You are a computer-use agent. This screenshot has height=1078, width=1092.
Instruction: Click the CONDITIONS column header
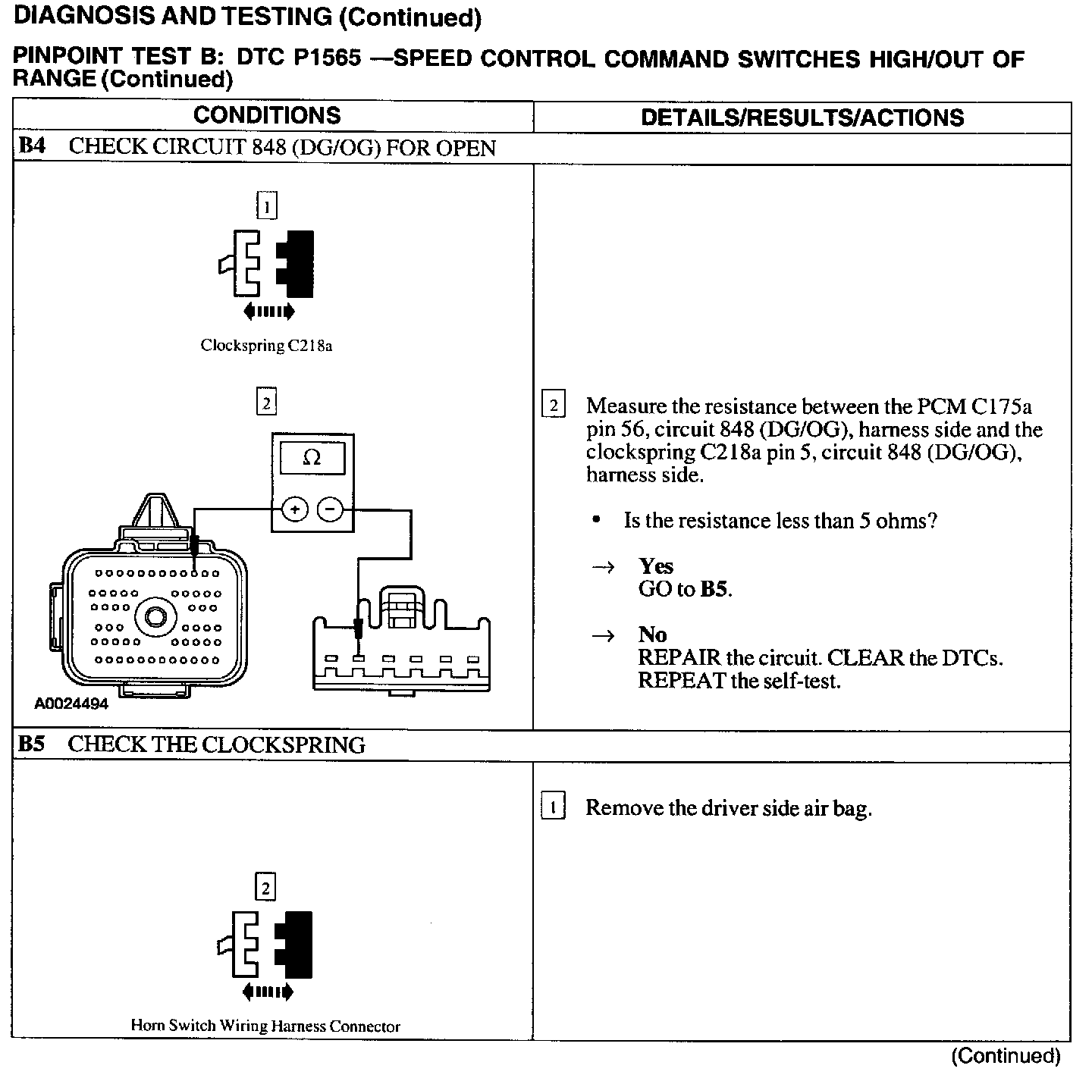click(267, 115)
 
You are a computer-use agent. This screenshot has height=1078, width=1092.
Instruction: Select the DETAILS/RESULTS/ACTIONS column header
click(802, 118)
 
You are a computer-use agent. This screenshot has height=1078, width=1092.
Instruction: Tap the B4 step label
click(33, 146)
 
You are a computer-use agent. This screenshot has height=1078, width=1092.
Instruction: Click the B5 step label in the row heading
click(32, 744)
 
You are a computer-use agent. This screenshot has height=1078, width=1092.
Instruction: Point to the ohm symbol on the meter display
click(312, 458)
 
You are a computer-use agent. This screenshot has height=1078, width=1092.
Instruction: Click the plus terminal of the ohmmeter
click(295, 509)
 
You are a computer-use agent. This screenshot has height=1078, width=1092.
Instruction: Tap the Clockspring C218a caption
click(266, 346)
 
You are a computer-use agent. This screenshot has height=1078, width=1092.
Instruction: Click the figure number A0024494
click(71, 704)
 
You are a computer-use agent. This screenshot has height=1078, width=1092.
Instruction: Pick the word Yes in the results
click(656, 566)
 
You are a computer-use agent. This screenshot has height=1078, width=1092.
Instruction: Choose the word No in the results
click(652, 635)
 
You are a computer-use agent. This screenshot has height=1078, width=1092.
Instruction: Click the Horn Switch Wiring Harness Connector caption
click(265, 1026)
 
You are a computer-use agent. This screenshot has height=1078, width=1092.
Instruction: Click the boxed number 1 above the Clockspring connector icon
click(266, 206)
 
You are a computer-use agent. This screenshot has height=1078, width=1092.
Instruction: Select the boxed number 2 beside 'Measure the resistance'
click(554, 406)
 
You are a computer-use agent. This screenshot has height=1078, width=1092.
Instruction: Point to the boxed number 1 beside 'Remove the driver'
click(554, 808)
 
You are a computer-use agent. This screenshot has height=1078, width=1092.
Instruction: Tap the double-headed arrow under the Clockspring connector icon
click(269, 311)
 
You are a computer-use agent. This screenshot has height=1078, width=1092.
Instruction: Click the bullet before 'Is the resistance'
click(598, 520)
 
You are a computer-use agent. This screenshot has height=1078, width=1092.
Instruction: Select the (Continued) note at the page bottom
click(1005, 1056)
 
